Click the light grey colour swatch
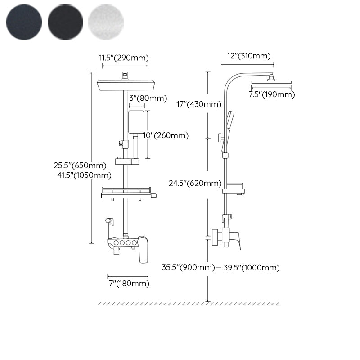[x=106, y=22]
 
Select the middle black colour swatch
[x=65, y=22]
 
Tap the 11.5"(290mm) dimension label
[x=124, y=58]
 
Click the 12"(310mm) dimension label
[x=249, y=56]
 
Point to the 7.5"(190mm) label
[x=272, y=94]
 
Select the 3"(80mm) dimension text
[x=148, y=98]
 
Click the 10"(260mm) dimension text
[x=166, y=135]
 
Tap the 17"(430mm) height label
[x=199, y=104]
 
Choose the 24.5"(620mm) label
[x=195, y=183]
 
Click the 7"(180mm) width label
[x=129, y=283]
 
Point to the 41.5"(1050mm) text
[x=84, y=175]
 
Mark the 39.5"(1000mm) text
[x=252, y=267]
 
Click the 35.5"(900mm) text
[x=188, y=267]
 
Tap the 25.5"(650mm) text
[x=80, y=165]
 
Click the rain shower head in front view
[x=126, y=85]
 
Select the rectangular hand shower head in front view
[x=136, y=122]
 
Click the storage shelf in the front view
[x=129, y=193]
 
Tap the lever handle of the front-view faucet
[x=143, y=250]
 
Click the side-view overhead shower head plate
[x=271, y=82]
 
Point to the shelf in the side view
[x=234, y=189]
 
